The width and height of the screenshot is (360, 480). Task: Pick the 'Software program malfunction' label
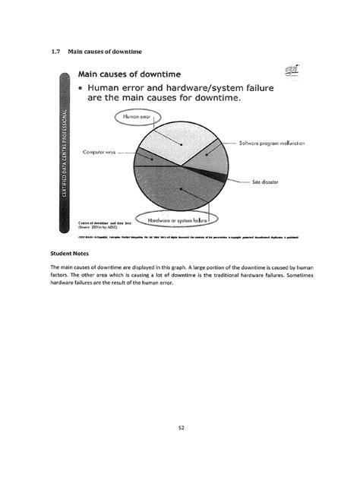coord(271,142)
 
